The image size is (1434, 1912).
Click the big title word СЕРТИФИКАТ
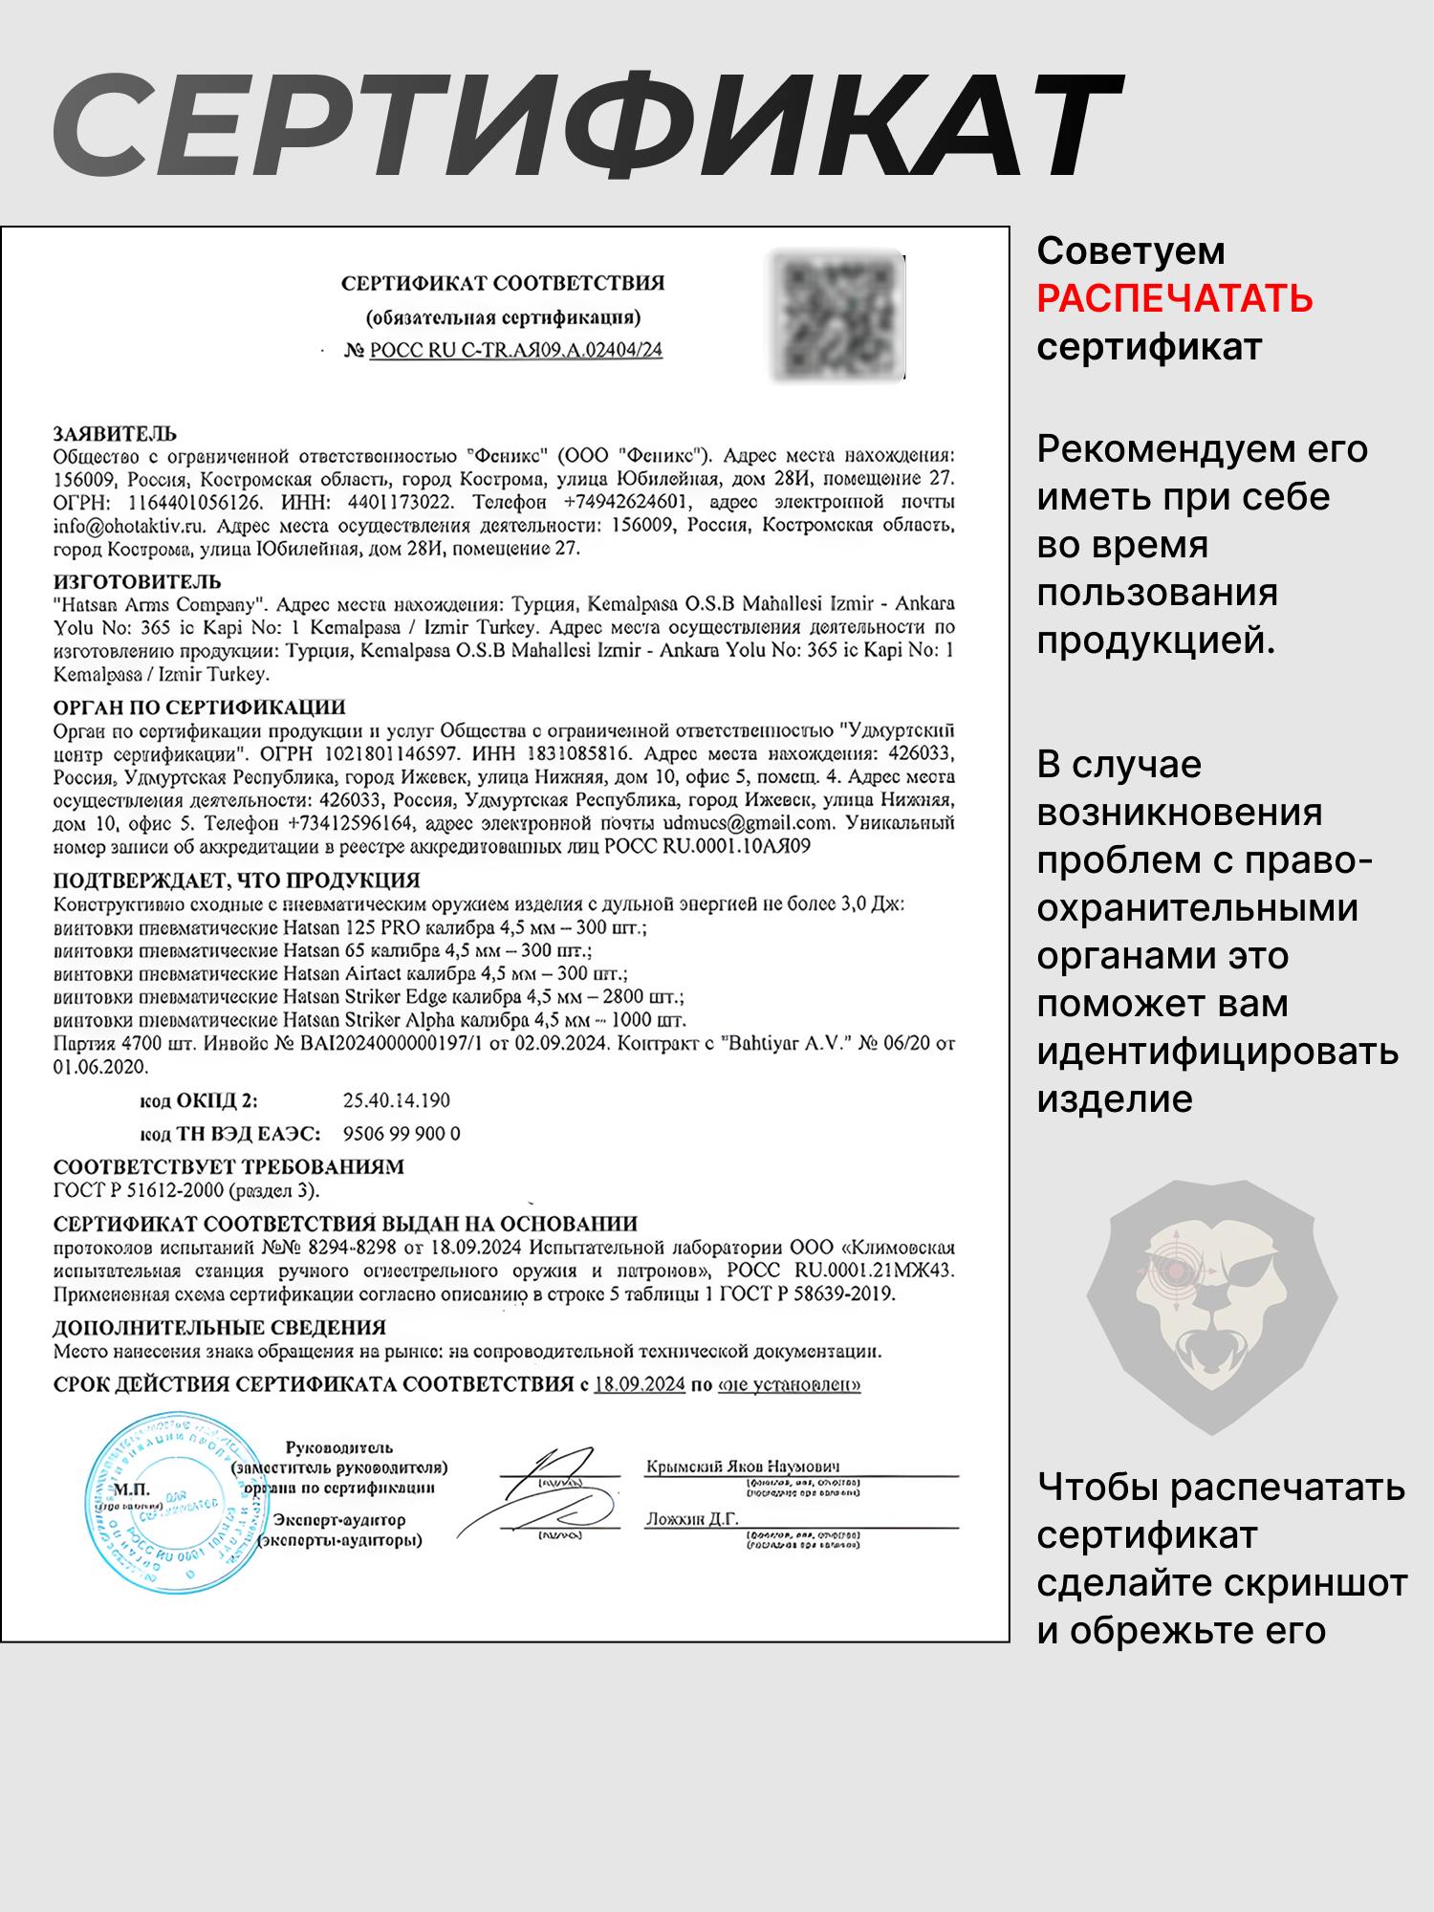pos(587,126)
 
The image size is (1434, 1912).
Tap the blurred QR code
pos(836,315)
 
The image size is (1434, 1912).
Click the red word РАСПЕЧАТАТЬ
pos(1174,299)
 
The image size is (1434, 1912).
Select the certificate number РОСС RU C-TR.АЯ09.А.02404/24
pos(515,351)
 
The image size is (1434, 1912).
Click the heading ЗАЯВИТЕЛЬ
pos(115,433)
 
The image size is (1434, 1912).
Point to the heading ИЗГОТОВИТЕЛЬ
pos(137,581)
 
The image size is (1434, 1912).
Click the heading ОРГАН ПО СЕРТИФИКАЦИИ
pos(199,707)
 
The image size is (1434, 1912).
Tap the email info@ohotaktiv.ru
pos(129,526)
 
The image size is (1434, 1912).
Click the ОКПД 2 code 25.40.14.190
pos(396,1100)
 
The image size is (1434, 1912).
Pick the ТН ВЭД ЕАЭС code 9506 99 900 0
pos(402,1134)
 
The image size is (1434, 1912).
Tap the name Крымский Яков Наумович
pos(743,1467)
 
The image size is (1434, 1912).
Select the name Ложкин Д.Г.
pos(692,1519)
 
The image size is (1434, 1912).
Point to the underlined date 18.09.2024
pos(640,1384)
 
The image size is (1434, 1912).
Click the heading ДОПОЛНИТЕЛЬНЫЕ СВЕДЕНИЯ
pos(220,1327)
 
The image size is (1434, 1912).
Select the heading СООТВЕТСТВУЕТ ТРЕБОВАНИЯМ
pos(228,1166)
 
